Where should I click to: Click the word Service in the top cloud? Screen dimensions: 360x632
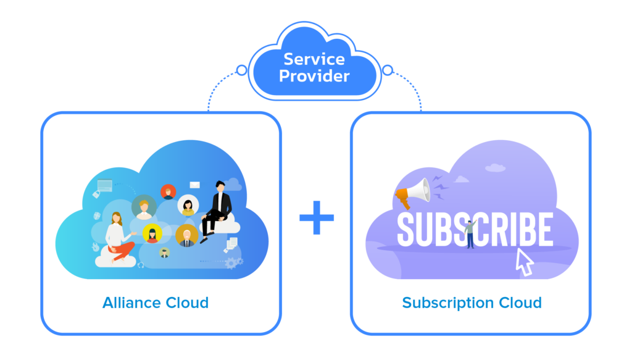[x=314, y=60]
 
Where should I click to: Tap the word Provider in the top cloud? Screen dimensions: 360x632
[x=314, y=76]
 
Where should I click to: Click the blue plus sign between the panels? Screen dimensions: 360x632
[x=317, y=217]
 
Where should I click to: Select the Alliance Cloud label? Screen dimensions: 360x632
[x=156, y=303]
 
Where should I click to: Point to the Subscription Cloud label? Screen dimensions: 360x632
[x=472, y=303]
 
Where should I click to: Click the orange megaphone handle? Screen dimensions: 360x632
[x=403, y=201]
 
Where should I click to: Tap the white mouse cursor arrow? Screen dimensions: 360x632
[x=524, y=262]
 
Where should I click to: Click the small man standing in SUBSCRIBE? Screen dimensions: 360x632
[x=470, y=234]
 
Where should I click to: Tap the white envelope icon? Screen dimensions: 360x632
[x=195, y=185]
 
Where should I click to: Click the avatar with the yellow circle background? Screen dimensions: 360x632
[x=152, y=233]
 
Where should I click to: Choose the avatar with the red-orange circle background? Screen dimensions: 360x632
[x=168, y=192]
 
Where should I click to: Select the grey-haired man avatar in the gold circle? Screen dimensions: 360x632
[x=186, y=235]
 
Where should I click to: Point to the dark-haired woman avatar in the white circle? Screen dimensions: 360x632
[x=188, y=205]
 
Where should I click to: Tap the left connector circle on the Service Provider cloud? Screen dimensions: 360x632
[x=241, y=70]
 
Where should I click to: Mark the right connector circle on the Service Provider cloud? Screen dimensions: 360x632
[x=388, y=70]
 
